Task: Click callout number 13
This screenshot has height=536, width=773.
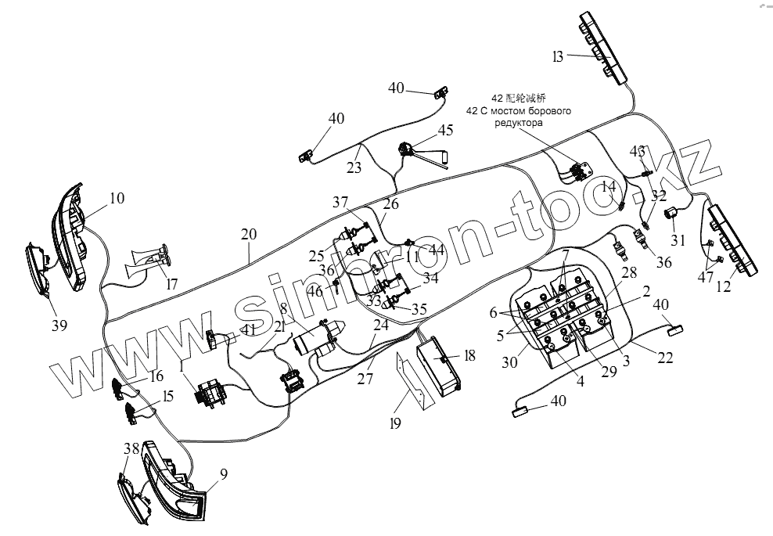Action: [557, 56]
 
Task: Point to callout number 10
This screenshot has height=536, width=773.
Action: [116, 199]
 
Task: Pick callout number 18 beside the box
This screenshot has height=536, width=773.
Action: [469, 356]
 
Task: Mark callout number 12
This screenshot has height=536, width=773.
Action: [723, 287]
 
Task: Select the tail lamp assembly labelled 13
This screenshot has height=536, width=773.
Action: [604, 47]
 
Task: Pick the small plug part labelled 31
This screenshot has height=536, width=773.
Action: [671, 213]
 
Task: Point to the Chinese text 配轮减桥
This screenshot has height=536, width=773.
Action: [523, 98]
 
